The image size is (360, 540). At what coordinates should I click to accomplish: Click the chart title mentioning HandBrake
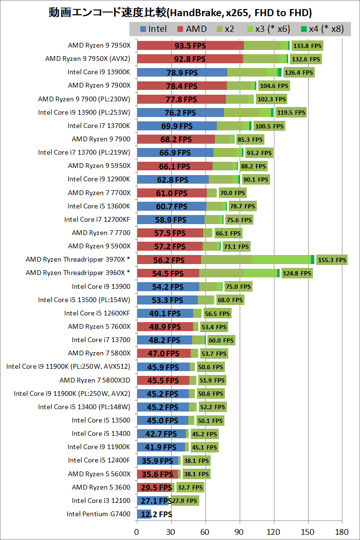point(180,12)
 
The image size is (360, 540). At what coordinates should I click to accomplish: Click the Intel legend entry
point(154,29)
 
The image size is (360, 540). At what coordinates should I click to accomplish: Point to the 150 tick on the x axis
point(309,531)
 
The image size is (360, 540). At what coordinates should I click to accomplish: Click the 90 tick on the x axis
point(240,531)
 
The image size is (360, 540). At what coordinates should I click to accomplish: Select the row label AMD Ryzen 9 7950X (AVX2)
point(88,59)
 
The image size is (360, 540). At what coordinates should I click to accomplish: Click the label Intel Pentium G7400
point(98,514)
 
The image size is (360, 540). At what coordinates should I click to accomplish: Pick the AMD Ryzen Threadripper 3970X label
point(78,260)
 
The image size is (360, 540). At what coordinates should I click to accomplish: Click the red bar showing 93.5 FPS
point(190,46)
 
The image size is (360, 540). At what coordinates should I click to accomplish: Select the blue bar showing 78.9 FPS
point(182,72)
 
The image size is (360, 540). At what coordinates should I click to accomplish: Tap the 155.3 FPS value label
point(332,260)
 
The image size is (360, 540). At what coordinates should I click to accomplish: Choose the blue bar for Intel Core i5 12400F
point(157,461)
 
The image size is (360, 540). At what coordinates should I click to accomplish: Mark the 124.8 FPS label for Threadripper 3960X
point(297,273)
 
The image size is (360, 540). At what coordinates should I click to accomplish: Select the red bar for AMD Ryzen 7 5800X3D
point(163,380)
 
